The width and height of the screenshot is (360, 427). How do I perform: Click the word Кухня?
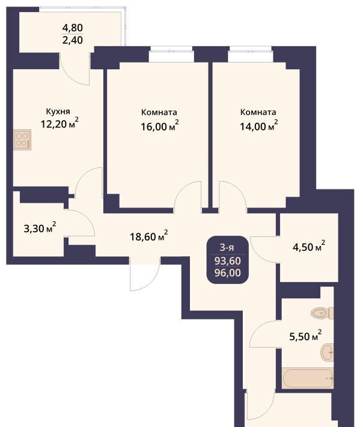58,112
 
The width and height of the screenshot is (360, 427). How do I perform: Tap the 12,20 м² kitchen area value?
59,123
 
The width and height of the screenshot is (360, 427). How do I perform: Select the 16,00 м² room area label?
160,126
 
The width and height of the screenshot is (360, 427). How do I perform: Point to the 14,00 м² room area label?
259,126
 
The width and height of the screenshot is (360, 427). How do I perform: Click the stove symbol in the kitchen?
22,140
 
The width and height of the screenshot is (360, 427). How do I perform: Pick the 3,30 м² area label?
40,228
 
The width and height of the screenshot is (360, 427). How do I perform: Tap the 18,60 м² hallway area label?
148,236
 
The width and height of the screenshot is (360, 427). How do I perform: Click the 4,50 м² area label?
309,246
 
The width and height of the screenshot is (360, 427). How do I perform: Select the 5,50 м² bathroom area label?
305,336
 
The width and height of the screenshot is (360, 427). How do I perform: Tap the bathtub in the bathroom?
308,378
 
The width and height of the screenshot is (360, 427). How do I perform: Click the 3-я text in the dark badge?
227,248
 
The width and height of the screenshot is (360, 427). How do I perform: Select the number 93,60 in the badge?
228,261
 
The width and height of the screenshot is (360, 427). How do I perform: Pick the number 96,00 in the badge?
228,272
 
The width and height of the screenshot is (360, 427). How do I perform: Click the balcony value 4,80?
73,28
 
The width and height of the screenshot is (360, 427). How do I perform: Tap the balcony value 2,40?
73,40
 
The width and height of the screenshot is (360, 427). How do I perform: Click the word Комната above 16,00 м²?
159,112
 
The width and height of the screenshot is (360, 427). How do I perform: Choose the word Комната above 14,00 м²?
258,112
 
